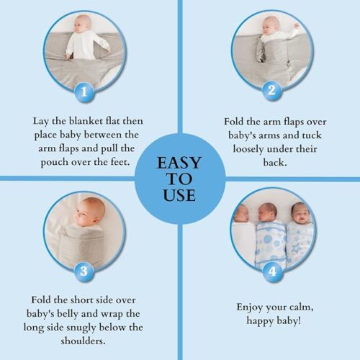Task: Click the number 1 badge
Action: coord(85,91)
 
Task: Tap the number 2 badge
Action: coord(271,91)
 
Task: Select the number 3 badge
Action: coord(85,271)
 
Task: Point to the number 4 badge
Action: coord(271,271)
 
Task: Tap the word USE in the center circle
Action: coord(179,197)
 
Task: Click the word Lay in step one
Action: coord(41,122)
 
